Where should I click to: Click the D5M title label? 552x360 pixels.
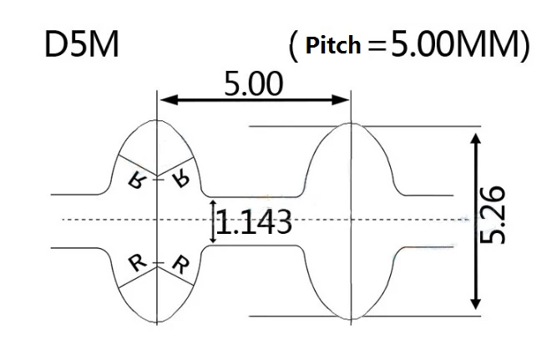(82, 45)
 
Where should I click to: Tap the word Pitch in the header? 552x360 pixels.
(333, 46)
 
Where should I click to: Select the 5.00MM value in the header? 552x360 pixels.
(458, 43)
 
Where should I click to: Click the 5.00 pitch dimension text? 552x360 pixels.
(254, 84)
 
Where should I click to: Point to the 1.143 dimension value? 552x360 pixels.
(254, 222)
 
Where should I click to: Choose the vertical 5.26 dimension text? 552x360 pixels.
(493, 215)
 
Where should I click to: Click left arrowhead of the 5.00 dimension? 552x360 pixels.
(165, 99)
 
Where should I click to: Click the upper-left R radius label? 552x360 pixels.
(137, 180)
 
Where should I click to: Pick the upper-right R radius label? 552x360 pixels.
(181, 179)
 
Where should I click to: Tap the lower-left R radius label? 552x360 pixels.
(137, 263)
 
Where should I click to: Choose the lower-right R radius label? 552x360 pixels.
(181, 265)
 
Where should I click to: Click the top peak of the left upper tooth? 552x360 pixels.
(157, 120)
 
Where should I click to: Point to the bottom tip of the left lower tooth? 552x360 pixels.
(157, 322)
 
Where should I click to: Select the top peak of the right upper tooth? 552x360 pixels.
(351, 124)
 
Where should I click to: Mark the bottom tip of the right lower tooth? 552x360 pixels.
(352, 320)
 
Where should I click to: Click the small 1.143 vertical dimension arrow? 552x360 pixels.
(213, 221)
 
